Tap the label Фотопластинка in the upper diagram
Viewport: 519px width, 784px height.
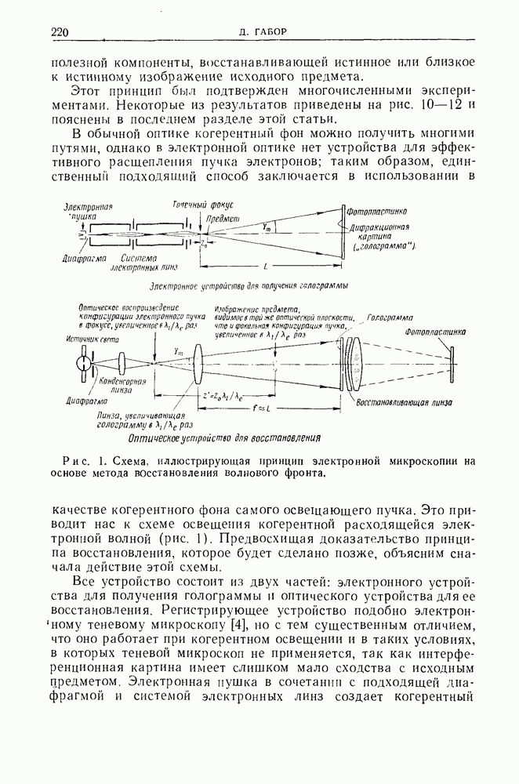378,210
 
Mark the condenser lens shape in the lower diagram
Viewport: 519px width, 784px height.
124,364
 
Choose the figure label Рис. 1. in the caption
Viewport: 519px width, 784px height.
86,459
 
